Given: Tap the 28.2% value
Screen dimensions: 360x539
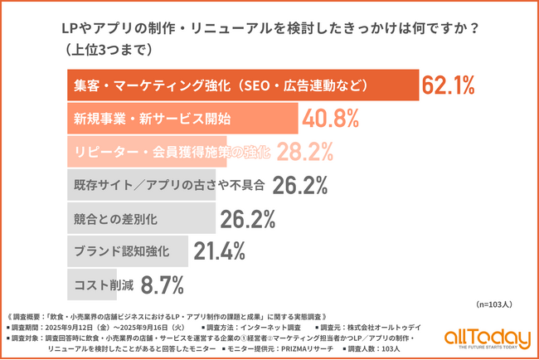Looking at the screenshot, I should pyautogui.click(x=304, y=151).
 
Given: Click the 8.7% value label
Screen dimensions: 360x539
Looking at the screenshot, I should pyautogui.click(x=162, y=285).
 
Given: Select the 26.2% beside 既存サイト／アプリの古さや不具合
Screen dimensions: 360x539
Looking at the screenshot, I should pyautogui.click(x=296, y=184).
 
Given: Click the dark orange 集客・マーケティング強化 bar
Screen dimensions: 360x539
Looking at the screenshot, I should pyautogui.click(x=240, y=85).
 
